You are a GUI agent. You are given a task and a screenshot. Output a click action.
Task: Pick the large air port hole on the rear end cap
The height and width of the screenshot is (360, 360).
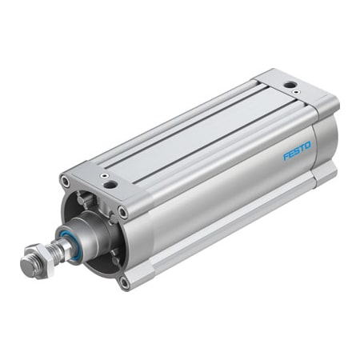pos(289,84)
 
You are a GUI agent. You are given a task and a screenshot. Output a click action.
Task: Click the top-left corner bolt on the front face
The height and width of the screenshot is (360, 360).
pos(65,182)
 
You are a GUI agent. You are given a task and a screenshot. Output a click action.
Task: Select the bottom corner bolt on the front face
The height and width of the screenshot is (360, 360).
pos(124,281)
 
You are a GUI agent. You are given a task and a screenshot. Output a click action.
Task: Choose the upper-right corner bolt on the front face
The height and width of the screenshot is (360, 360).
pos(122,212)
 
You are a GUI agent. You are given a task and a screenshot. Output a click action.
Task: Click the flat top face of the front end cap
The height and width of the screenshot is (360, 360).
pos(100,178)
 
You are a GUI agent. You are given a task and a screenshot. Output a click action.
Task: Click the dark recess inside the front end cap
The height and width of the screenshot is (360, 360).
pos(100,256)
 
